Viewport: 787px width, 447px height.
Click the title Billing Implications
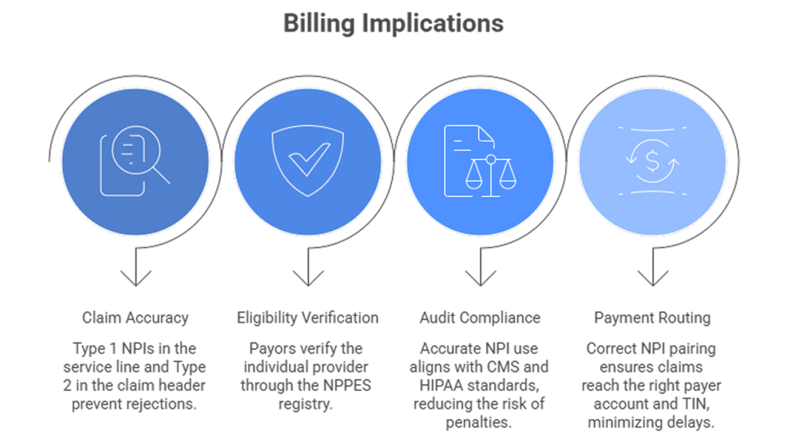tap(393, 24)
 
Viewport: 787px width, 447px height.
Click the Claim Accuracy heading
tap(134, 317)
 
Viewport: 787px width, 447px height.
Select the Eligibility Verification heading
tap(307, 317)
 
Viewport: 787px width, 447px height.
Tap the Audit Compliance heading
tap(480, 317)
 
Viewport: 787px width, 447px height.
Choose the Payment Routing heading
tap(652, 317)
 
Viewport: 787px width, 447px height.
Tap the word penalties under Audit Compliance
tap(480, 422)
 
